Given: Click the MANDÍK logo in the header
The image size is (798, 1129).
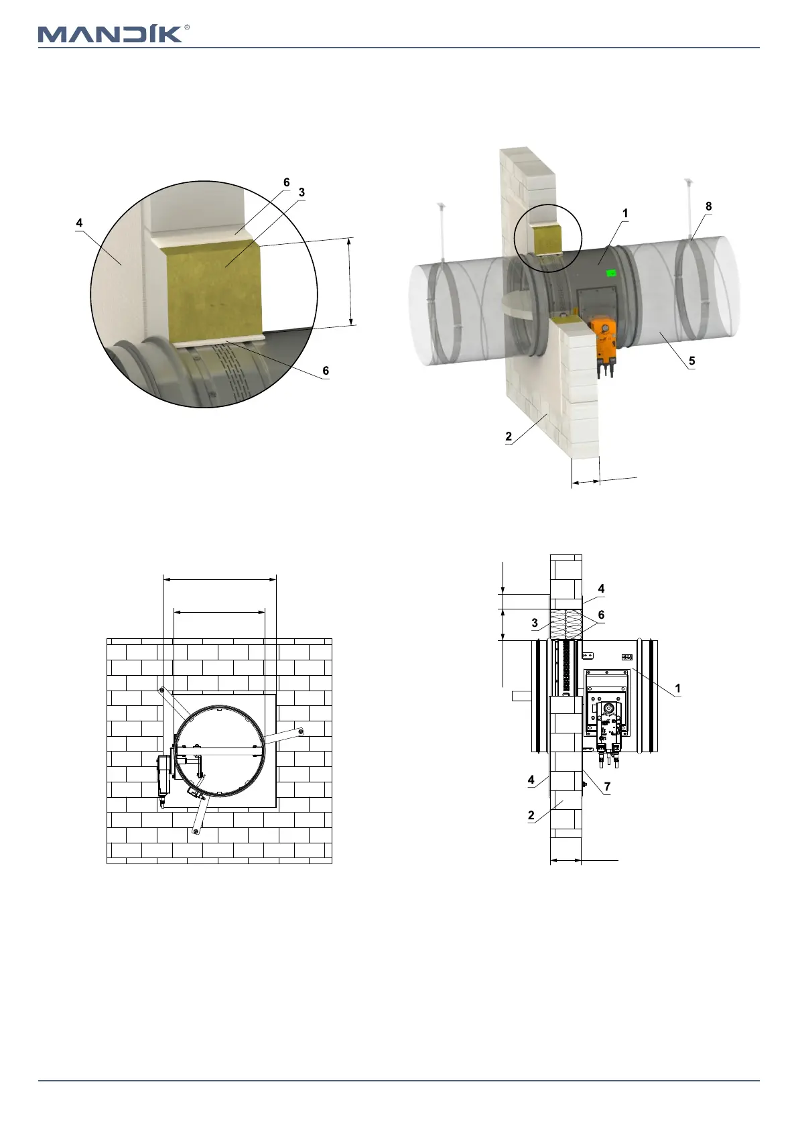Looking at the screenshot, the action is pos(111,34).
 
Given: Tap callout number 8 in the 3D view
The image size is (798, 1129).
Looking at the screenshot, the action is pos(708,206).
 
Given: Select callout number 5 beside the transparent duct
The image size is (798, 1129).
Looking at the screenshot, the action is pos(691,361).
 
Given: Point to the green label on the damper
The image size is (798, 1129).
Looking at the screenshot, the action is pos(612,274).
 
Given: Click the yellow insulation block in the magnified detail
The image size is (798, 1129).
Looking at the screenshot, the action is pos(214,293).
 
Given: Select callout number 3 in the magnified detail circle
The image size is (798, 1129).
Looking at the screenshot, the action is pos(302,192).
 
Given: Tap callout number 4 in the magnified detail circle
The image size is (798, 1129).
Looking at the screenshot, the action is pos(79,223).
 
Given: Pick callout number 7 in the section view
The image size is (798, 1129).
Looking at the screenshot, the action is pos(607,786).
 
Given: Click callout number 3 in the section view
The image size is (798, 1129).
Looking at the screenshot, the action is pos(535,623).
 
